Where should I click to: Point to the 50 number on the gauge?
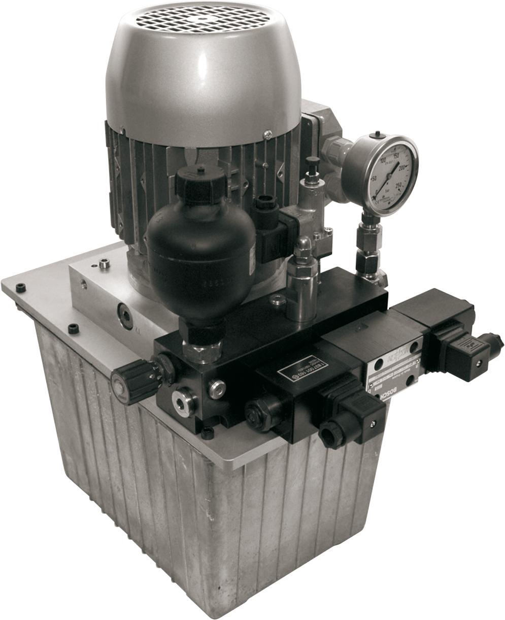[374, 179]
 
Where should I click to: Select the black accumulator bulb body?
[201, 254]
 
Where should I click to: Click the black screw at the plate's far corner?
[21, 288]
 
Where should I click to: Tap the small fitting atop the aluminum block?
[105, 264]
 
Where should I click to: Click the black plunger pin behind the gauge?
[313, 165]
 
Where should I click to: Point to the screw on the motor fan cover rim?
[267, 134]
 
